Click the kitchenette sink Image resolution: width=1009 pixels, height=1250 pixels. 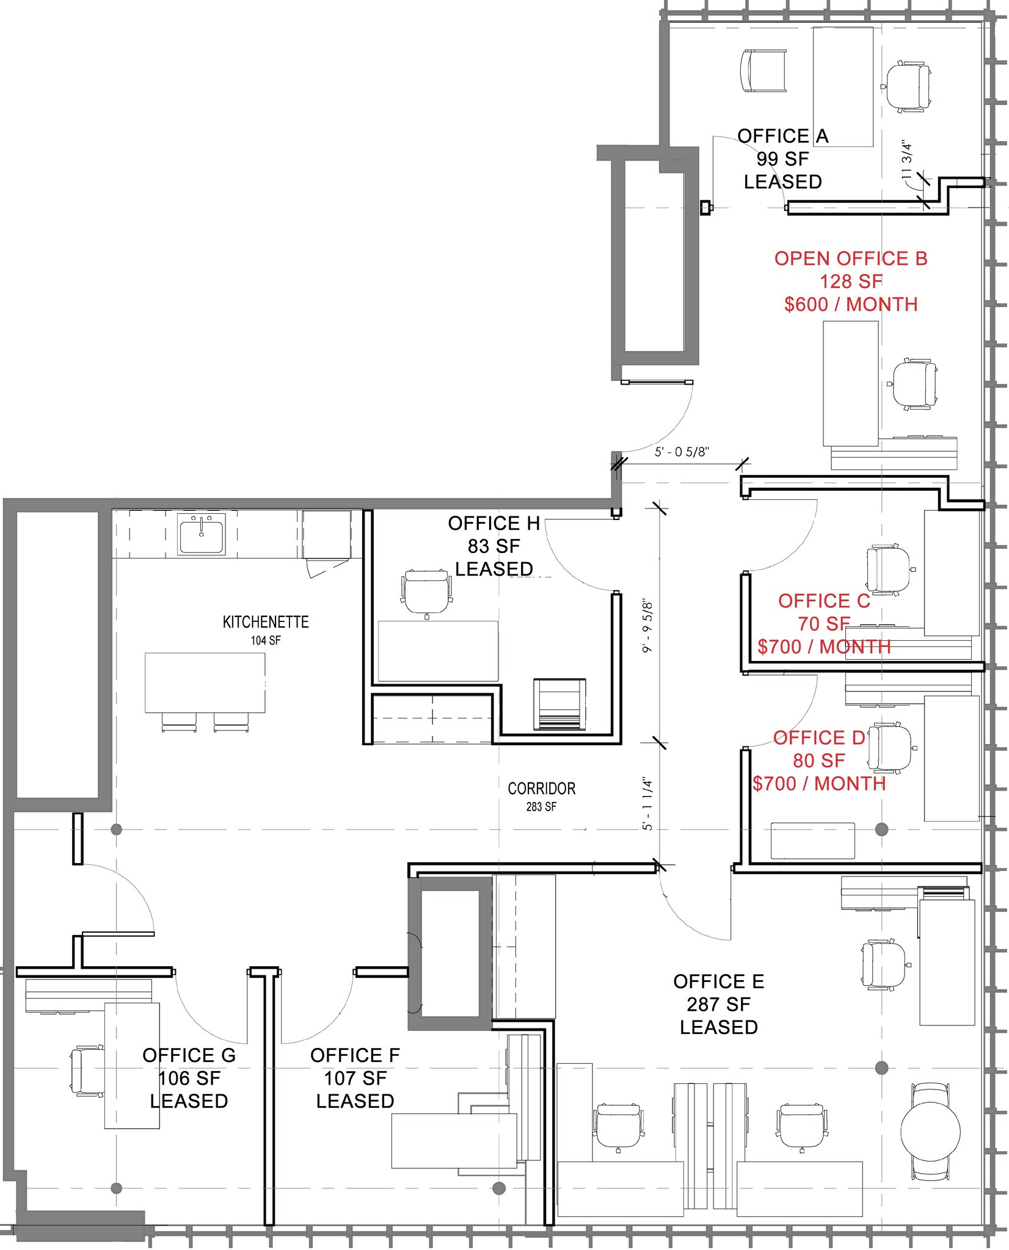coord(201,533)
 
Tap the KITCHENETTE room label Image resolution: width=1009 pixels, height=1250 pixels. coord(266,622)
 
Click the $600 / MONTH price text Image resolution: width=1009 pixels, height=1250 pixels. coord(850,304)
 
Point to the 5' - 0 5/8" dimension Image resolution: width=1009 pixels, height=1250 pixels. coord(682,453)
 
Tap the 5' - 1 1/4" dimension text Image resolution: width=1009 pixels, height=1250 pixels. coord(648,803)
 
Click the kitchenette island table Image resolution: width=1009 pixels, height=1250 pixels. coord(205,682)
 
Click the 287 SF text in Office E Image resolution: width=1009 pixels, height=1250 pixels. coord(718,1004)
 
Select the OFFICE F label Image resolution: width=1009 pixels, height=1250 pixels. coord(355,1055)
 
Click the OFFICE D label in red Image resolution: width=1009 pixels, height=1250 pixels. coord(818,738)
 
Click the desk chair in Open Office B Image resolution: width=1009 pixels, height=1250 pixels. coord(914,383)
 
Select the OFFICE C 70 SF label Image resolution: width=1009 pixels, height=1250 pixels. coord(823,612)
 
